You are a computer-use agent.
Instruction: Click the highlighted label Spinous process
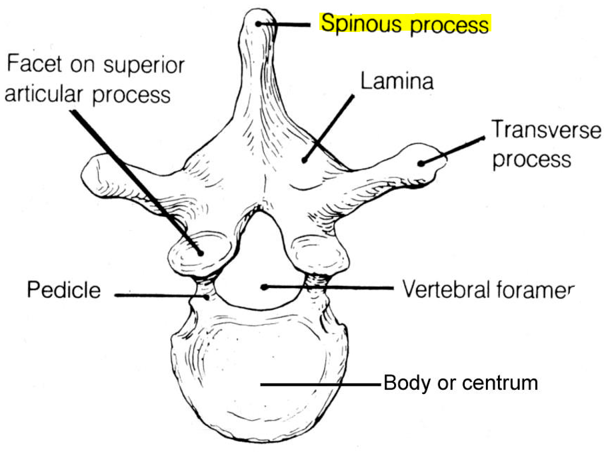click(x=405, y=24)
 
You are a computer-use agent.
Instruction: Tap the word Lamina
click(x=397, y=81)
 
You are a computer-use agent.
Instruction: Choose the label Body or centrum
click(x=460, y=384)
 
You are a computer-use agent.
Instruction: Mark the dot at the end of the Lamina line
click(x=304, y=159)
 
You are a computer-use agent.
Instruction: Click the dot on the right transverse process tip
click(x=422, y=162)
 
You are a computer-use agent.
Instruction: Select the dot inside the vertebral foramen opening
click(x=265, y=287)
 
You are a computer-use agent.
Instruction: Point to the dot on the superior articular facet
click(x=199, y=252)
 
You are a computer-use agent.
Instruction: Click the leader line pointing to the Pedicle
click(x=160, y=293)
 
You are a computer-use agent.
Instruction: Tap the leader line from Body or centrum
click(x=320, y=384)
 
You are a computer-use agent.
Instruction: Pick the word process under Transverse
click(x=531, y=159)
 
